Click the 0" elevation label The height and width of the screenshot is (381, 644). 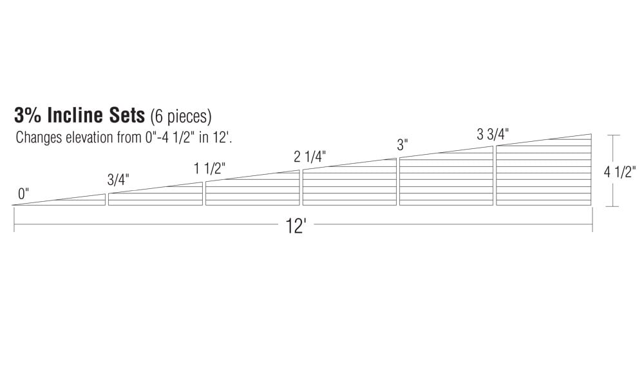tap(23, 194)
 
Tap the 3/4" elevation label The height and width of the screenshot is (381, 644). tap(118, 180)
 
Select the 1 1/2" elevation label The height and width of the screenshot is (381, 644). tap(210, 168)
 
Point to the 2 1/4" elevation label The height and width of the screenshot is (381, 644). tap(310, 157)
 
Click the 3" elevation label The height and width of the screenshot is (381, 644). tap(402, 145)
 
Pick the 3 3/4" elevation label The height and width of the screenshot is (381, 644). tap(493, 134)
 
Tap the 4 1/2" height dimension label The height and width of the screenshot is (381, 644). tap(620, 171)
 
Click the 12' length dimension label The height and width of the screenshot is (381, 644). tap(296, 226)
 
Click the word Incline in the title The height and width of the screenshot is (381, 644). tap(75, 115)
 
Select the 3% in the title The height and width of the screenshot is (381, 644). tap(28, 115)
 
